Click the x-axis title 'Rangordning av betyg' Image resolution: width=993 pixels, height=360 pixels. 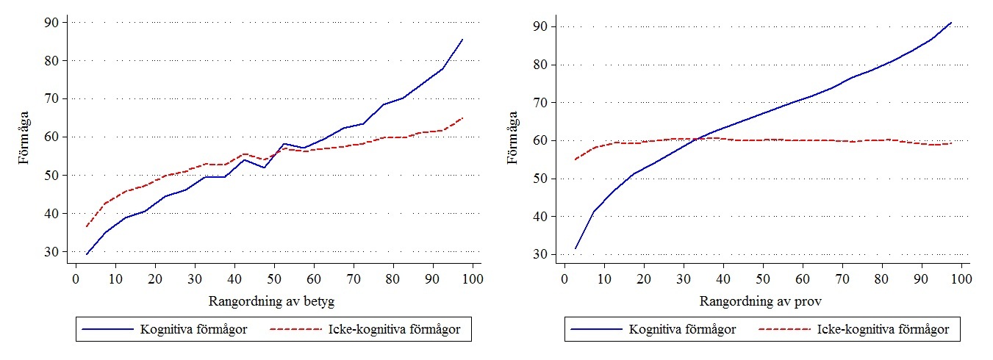pyautogui.click(x=277, y=302)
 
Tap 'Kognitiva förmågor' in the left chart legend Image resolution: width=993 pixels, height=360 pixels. pyautogui.click(x=193, y=330)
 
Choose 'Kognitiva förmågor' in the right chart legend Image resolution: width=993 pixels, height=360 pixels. pyautogui.click(x=682, y=330)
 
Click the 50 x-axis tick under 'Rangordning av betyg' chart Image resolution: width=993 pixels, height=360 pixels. pyautogui.click(x=274, y=280)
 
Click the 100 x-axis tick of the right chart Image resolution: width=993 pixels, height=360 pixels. pyautogui.click(x=961, y=280)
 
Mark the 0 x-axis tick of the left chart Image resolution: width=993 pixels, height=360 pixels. pyautogui.click(x=75, y=280)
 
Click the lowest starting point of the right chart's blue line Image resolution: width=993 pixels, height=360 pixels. pyautogui.click(x=575, y=248)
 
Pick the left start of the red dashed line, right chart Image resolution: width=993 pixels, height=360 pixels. pyautogui.click(x=575, y=159)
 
